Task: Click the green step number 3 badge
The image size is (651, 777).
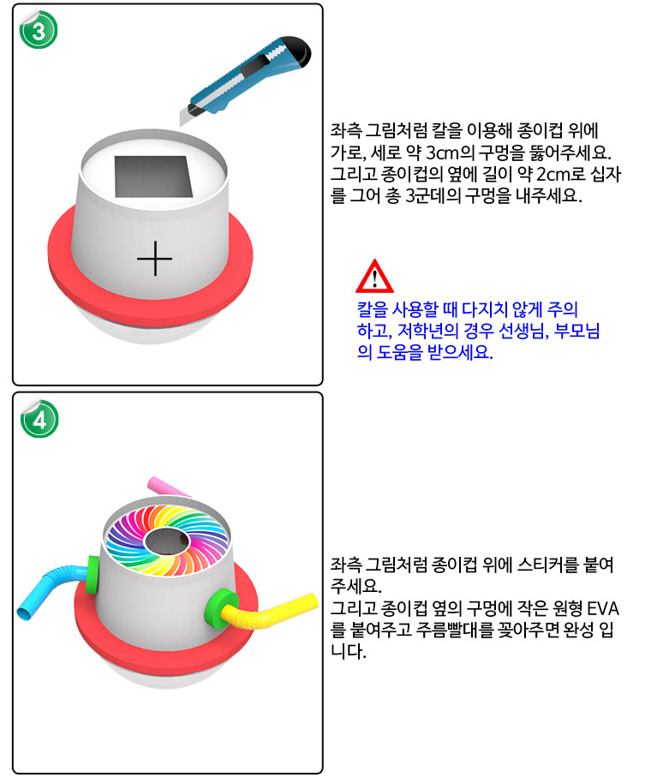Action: tap(39, 30)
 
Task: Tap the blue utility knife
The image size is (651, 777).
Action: tap(246, 81)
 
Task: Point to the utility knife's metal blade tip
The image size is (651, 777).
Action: tap(182, 122)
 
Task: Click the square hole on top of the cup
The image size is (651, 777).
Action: tap(153, 177)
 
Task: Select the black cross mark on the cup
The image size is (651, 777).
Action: tap(154, 259)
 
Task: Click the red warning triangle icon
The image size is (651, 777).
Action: tap(374, 277)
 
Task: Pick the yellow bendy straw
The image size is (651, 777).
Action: tap(270, 613)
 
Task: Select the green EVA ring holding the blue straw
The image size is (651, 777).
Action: tap(93, 574)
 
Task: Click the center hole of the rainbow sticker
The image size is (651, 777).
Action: tap(167, 541)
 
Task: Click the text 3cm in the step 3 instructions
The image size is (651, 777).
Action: tap(442, 152)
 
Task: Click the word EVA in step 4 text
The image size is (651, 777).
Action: tap(602, 608)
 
